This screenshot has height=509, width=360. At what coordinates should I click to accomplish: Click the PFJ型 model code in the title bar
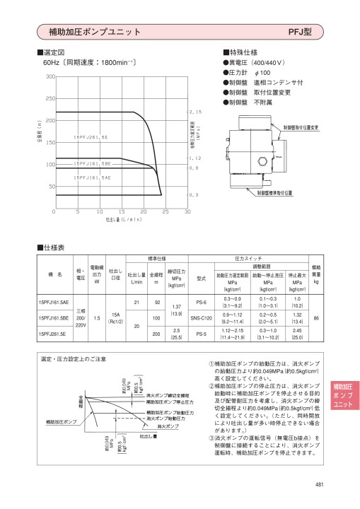(300, 32)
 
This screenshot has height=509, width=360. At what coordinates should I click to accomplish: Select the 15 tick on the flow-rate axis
(122, 211)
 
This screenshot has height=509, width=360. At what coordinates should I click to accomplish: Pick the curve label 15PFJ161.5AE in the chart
(92, 178)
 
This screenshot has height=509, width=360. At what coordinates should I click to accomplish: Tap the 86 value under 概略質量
(317, 318)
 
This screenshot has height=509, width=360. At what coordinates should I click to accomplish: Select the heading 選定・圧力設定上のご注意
(75, 359)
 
